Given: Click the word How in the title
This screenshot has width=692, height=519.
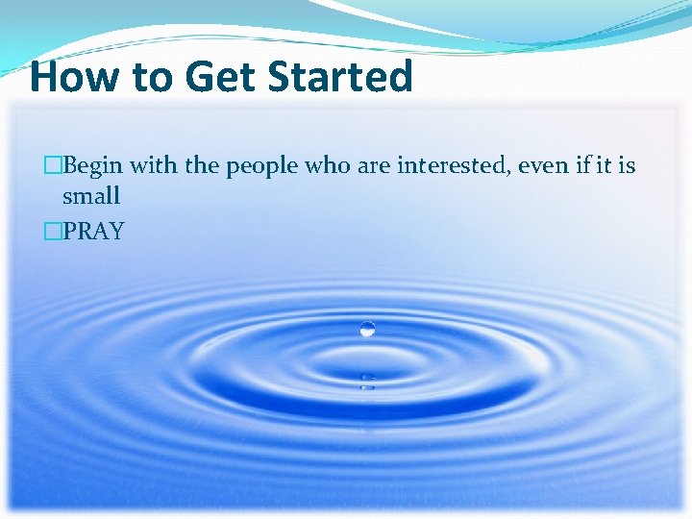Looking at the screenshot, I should [x=70, y=77].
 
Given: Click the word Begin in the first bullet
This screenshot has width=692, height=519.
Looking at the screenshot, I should [x=93, y=166].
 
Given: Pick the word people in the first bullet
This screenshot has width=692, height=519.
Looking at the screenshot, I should [x=262, y=167].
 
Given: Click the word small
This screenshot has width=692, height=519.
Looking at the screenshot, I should [x=91, y=197].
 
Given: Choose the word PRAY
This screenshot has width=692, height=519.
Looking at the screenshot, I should [x=93, y=232].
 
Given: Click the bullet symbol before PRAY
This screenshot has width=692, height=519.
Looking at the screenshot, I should [x=53, y=232].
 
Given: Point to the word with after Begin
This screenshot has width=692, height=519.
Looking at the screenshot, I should [x=153, y=166].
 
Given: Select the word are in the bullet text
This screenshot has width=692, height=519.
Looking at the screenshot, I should [x=370, y=167].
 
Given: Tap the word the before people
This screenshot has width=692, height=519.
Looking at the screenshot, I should [x=202, y=166].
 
